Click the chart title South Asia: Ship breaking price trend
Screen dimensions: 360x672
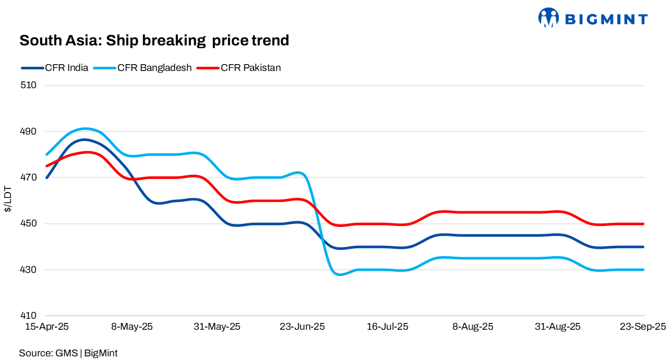[154, 40]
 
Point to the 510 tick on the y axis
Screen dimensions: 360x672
[29, 85]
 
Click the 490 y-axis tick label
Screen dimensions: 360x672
[29, 131]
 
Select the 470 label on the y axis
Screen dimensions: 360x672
[29, 177]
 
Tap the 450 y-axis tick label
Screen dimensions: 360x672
[29, 224]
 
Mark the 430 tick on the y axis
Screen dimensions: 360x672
[29, 270]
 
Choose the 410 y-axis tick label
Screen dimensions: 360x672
[29, 316]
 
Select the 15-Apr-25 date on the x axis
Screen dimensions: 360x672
[47, 327]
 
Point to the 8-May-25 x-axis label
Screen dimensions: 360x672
[132, 327]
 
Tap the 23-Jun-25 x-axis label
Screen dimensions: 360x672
[302, 327]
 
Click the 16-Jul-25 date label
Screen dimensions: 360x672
[388, 327]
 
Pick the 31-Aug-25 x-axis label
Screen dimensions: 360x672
[558, 327]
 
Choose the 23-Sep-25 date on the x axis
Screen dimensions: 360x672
[643, 327]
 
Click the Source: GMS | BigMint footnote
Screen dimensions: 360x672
[68, 353]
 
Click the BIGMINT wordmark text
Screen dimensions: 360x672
[606, 19]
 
